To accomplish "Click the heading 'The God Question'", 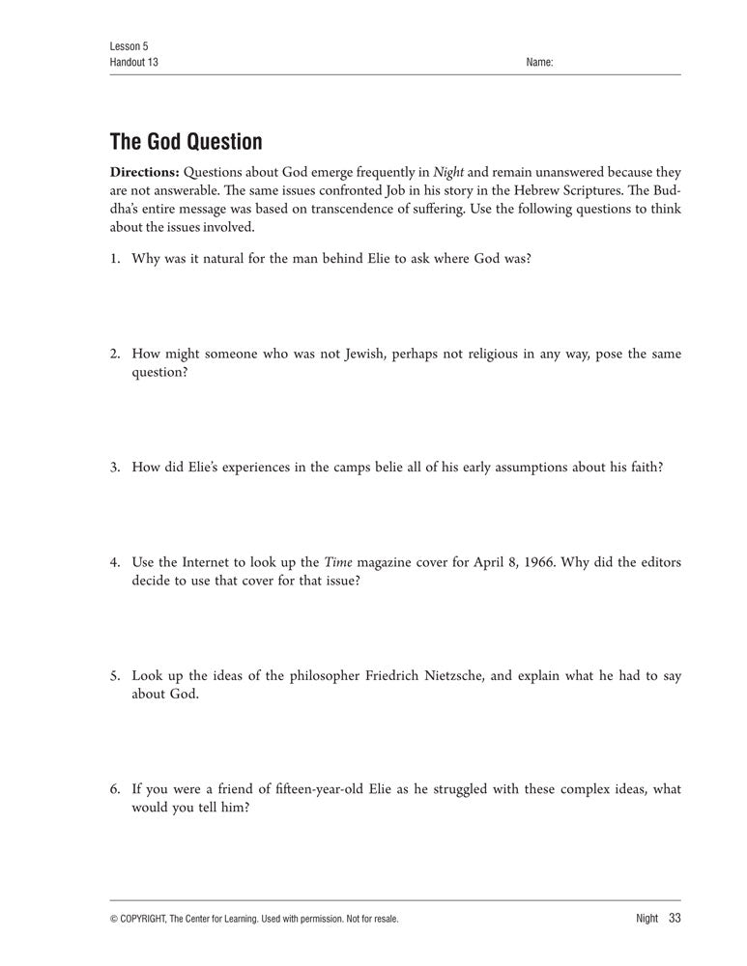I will (x=186, y=142).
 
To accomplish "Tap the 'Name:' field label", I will (x=539, y=62).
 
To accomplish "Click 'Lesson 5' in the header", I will (x=129, y=46).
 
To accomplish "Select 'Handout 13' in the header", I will (x=134, y=62).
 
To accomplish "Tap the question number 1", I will (x=114, y=260).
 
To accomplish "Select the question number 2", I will (x=114, y=354).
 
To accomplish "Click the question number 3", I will (x=114, y=467).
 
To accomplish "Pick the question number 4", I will (x=114, y=562).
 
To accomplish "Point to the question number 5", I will (x=114, y=676).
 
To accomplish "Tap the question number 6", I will (x=114, y=789).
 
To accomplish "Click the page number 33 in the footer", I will (x=675, y=918).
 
